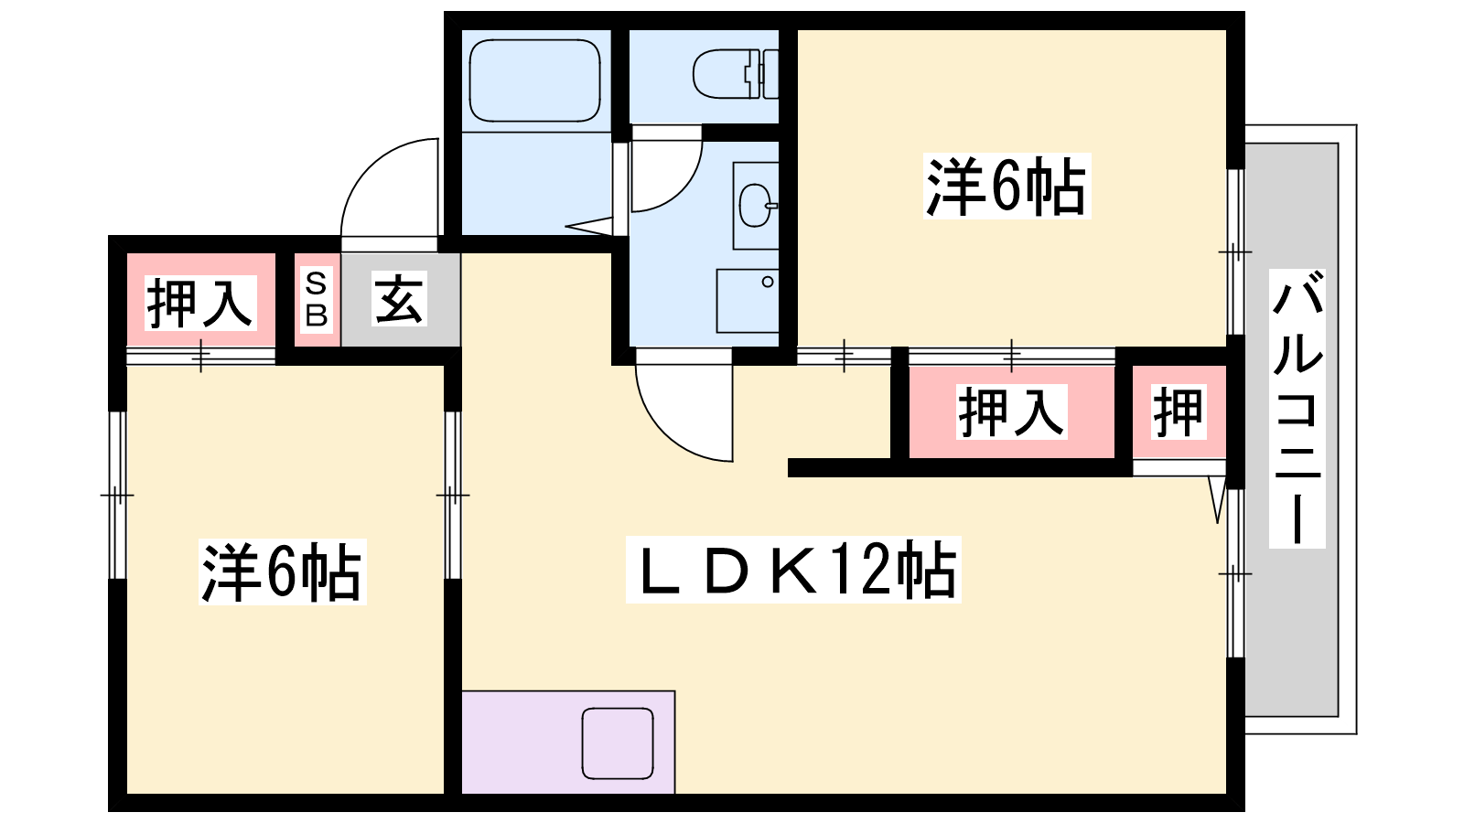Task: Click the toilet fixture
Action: [736, 74]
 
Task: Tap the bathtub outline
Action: [534, 80]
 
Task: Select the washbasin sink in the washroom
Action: [757, 205]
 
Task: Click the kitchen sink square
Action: [618, 743]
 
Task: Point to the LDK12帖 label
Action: [793, 569]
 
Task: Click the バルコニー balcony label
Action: [1297, 408]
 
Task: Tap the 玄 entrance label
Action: [400, 298]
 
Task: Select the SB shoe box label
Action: [317, 300]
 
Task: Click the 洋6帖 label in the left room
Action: [283, 572]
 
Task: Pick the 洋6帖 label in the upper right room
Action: [1007, 186]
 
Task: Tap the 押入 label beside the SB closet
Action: [200, 303]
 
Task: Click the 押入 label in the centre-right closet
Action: [1012, 411]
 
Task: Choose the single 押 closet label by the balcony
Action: [1179, 411]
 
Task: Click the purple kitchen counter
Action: [568, 742]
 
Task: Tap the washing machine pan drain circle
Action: [768, 282]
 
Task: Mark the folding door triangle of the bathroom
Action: [589, 226]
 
